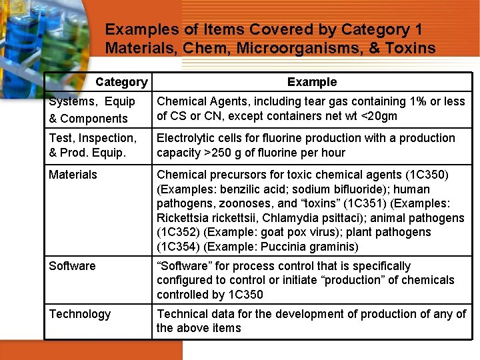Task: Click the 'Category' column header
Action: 121,82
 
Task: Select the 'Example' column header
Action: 312,82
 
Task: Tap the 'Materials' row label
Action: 73,175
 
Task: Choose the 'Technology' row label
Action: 80,314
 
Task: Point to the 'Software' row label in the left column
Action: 72,266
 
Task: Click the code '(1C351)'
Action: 350,203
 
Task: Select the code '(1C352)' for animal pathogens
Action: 178,233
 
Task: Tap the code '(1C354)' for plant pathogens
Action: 178,247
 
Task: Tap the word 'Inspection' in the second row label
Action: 106,138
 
